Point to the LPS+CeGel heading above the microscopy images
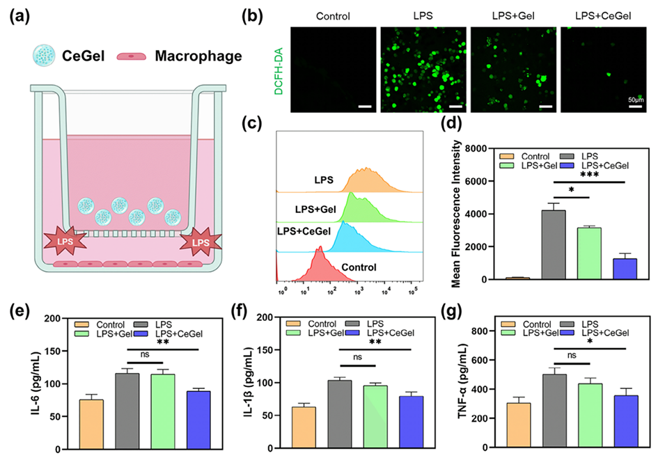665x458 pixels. (604, 15)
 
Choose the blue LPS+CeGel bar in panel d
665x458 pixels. (625, 269)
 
